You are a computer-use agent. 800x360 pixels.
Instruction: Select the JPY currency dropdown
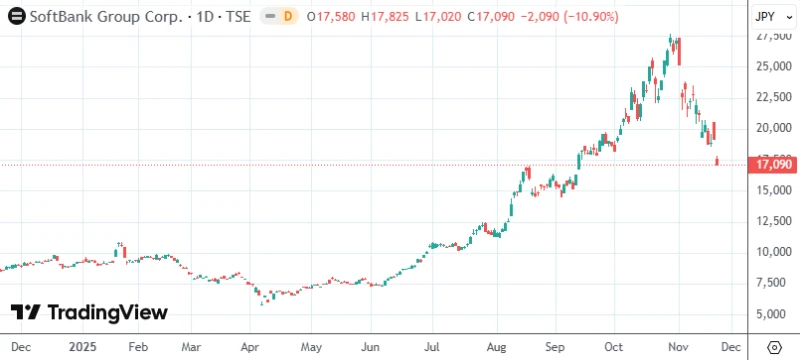point(767,17)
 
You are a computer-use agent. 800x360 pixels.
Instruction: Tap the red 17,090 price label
point(775,164)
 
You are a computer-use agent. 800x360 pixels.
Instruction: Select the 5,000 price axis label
point(775,314)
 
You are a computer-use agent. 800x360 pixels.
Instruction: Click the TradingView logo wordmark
point(90,313)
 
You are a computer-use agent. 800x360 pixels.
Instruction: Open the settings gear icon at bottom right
point(773,346)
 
